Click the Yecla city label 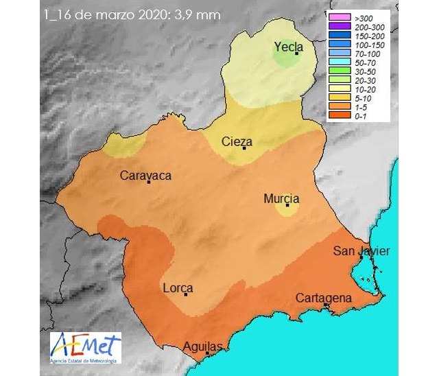click(x=289, y=47)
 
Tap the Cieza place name click(x=237, y=142)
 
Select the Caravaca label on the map click(x=145, y=176)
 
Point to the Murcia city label click(x=282, y=198)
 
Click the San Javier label click(x=361, y=251)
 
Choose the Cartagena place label click(x=324, y=298)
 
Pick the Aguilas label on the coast click(x=203, y=347)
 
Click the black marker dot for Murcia click(x=287, y=204)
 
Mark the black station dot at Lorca click(x=187, y=294)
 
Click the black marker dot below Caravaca click(x=148, y=182)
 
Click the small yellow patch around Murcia click(x=284, y=209)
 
